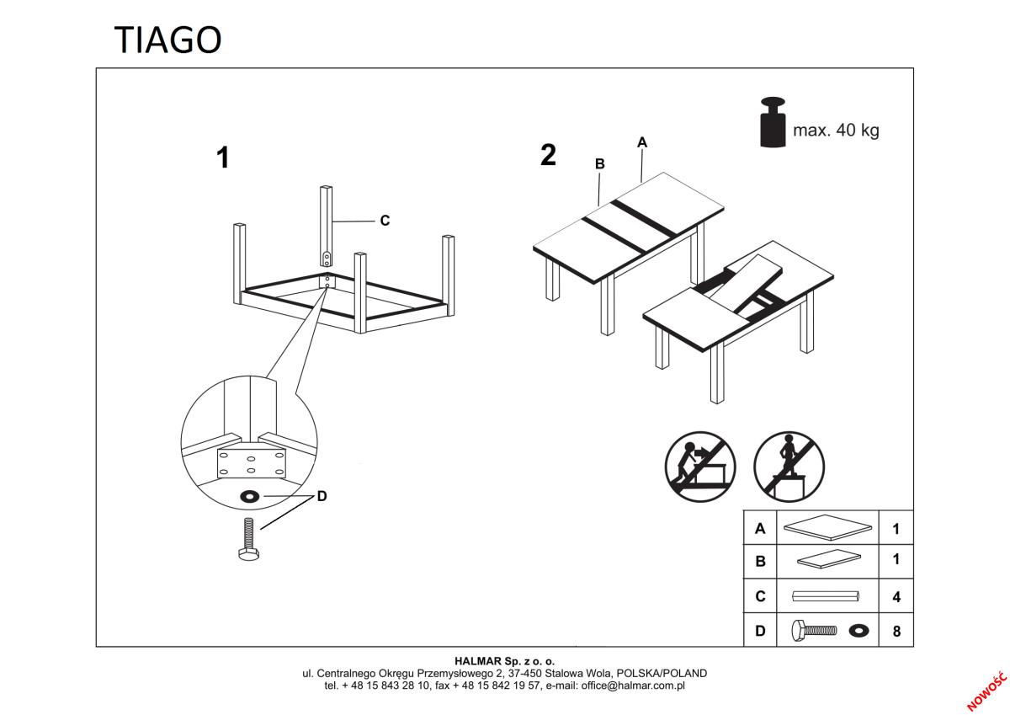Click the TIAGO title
pos(167,40)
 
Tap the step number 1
pos(223,157)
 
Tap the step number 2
pos(548,155)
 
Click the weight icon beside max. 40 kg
pos(773,123)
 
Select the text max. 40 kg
pos(836,131)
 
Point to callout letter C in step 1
pos(385,221)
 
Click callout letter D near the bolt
pos(322,497)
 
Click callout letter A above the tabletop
pos(642,142)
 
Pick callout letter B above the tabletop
pos(599,164)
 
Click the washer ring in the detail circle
pos(250,496)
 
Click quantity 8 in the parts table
pos(896,631)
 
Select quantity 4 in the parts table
pos(896,597)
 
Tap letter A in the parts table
pos(760,530)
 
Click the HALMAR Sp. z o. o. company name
pos(504,662)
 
